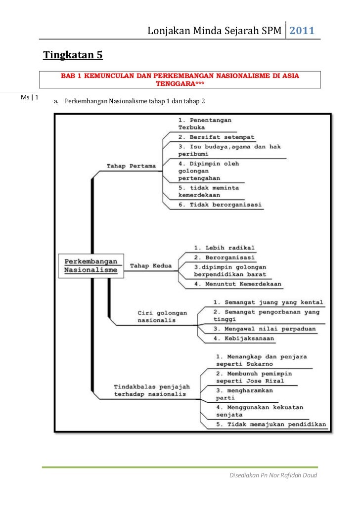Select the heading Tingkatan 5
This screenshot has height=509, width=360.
73,55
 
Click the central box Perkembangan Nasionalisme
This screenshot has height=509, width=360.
90,265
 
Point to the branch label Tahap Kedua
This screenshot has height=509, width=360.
151,266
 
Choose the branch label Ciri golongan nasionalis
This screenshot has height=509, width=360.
162,316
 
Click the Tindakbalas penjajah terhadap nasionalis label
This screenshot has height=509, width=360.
150,390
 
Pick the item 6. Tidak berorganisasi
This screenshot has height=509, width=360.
220,204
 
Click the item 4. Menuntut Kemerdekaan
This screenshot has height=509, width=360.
237,284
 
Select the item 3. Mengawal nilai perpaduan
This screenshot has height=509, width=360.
264,328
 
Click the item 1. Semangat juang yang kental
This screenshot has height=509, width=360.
268,302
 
